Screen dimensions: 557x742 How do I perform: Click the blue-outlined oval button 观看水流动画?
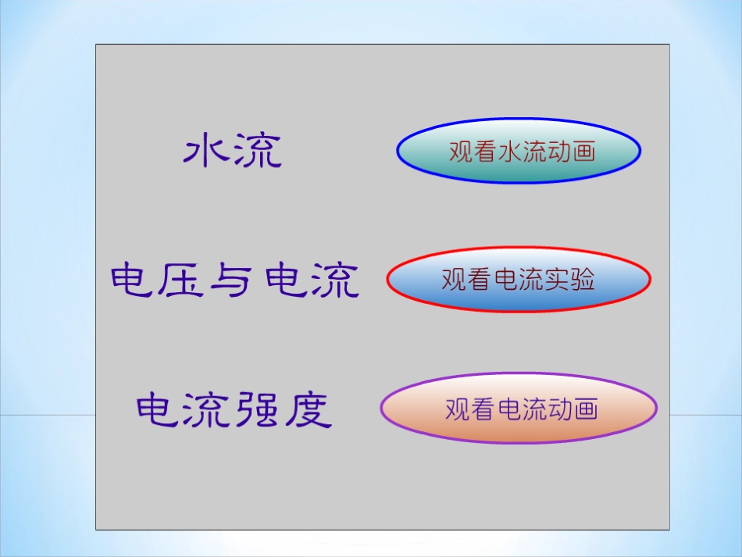tap(519, 151)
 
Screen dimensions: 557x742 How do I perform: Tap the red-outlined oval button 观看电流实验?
tap(519, 279)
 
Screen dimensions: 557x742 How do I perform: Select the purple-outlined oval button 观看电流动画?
tap(519, 409)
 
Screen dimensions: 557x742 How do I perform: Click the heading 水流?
tap(233, 150)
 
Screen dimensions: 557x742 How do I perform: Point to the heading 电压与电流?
tap(234, 280)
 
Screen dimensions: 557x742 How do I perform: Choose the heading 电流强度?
tap(234, 409)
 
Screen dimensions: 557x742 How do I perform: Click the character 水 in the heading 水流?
tap(207, 150)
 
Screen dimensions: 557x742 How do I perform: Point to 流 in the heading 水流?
tap(258, 151)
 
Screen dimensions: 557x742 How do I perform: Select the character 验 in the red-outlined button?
tap(582, 279)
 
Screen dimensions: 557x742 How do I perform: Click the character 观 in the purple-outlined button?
tap(458, 409)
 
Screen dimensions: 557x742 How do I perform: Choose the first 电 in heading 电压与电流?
tap(134, 280)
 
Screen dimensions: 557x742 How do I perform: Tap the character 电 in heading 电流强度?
tap(159, 410)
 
